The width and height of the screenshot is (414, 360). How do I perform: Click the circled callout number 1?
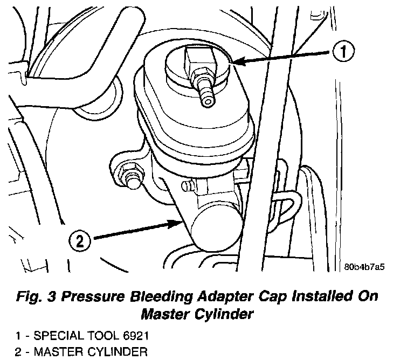[343, 52]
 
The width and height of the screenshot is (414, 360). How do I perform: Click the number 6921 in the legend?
[134, 337]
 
